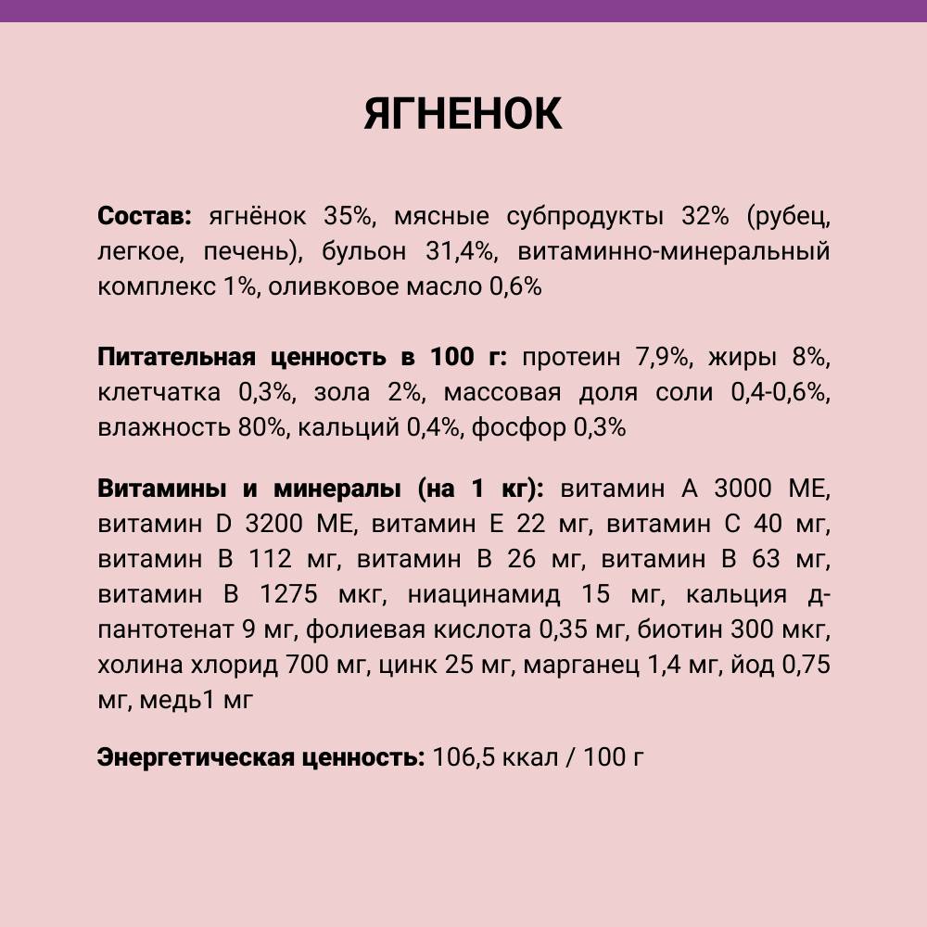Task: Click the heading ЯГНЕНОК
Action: [x=463, y=113]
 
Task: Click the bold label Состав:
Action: [x=144, y=216]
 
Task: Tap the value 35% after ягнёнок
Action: [x=348, y=216]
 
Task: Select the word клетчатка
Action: [x=159, y=392]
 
